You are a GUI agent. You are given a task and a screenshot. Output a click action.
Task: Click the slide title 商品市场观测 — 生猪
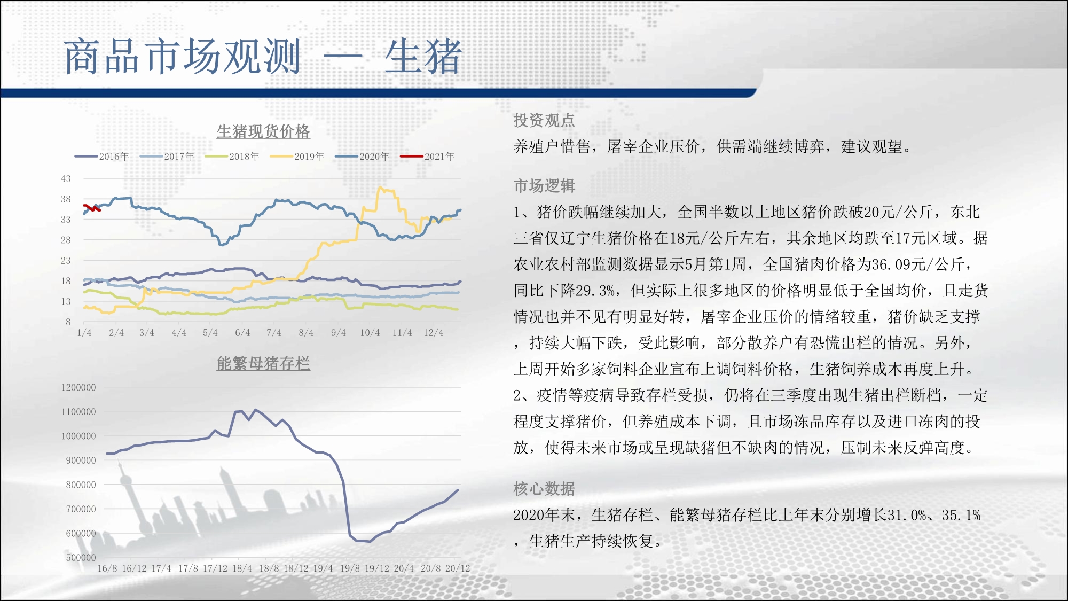(x=263, y=57)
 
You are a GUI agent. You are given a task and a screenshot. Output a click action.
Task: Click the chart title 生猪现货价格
(x=263, y=131)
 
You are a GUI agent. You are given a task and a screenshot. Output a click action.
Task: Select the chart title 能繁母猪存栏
(x=263, y=364)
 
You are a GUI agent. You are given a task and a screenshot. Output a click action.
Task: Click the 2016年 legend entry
(x=102, y=157)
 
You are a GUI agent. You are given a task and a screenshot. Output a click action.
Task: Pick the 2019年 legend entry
(x=297, y=157)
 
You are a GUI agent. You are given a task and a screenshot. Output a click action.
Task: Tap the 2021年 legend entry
(x=428, y=157)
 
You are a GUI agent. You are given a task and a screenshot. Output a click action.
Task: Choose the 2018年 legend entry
(x=232, y=157)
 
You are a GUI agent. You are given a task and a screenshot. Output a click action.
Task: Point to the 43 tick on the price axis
(x=66, y=179)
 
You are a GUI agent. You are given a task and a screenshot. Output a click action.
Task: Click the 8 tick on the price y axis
(x=68, y=322)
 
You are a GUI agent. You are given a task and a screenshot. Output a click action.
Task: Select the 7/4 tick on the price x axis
(x=274, y=333)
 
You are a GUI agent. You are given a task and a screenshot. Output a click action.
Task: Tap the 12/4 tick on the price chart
(x=434, y=333)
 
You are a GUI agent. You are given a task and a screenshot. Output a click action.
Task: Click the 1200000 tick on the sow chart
(x=78, y=388)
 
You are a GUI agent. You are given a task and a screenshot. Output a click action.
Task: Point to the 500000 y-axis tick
(x=81, y=558)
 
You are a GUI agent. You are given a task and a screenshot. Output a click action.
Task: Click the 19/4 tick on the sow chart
(x=323, y=569)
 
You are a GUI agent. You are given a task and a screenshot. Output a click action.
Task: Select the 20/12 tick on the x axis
(x=458, y=569)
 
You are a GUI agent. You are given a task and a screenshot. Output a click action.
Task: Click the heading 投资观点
(x=544, y=121)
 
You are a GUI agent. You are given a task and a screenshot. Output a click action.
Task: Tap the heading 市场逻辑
(x=544, y=186)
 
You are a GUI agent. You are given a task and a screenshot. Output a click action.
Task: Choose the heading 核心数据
(x=544, y=489)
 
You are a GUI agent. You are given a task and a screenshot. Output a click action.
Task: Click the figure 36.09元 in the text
(x=901, y=264)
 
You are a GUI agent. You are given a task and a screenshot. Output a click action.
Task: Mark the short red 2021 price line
(x=92, y=208)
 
